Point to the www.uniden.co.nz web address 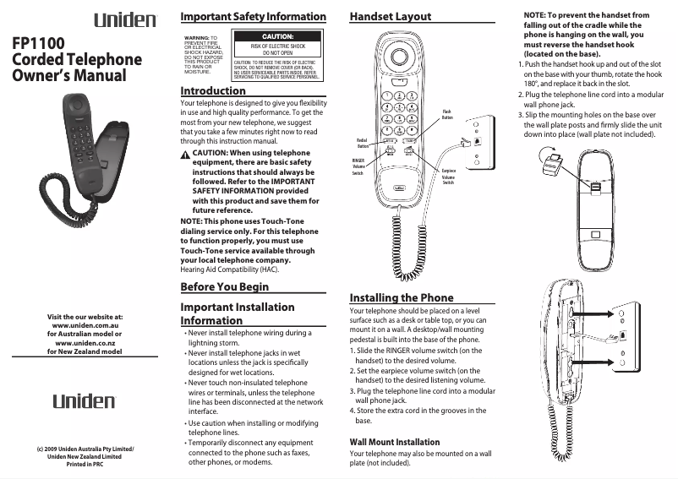pos(85,342)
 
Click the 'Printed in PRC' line pos(85,465)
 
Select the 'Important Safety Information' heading pos(253,16)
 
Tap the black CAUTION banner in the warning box pos(276,37)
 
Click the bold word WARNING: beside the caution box pos(197,38)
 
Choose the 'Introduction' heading pos(213,90)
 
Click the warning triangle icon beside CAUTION pos(186,154)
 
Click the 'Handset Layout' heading pos(390,16)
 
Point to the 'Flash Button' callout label pos(447,114)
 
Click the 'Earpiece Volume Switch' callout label pos(449,177)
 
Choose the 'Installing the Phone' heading pos(402,297)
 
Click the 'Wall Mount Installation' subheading pos(395,442)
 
